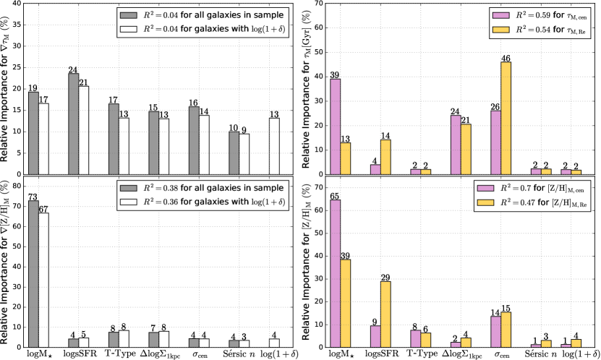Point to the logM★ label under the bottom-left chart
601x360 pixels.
[x=38, y=354]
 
